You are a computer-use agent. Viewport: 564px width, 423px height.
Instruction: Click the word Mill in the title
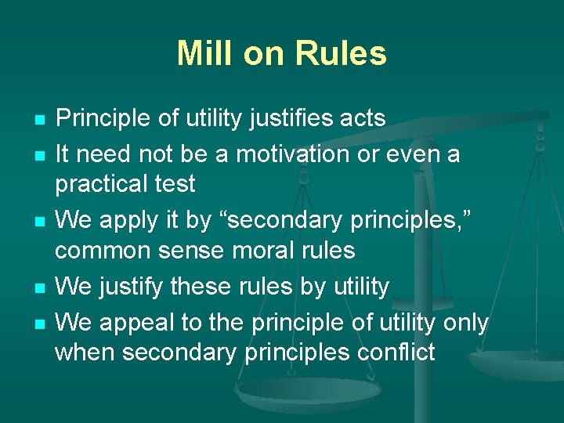click(x=204, y=53)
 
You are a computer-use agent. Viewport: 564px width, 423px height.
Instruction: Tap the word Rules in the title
click(x=342, y=53)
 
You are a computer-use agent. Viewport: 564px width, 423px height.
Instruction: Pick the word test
click(x=175, y=184)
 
